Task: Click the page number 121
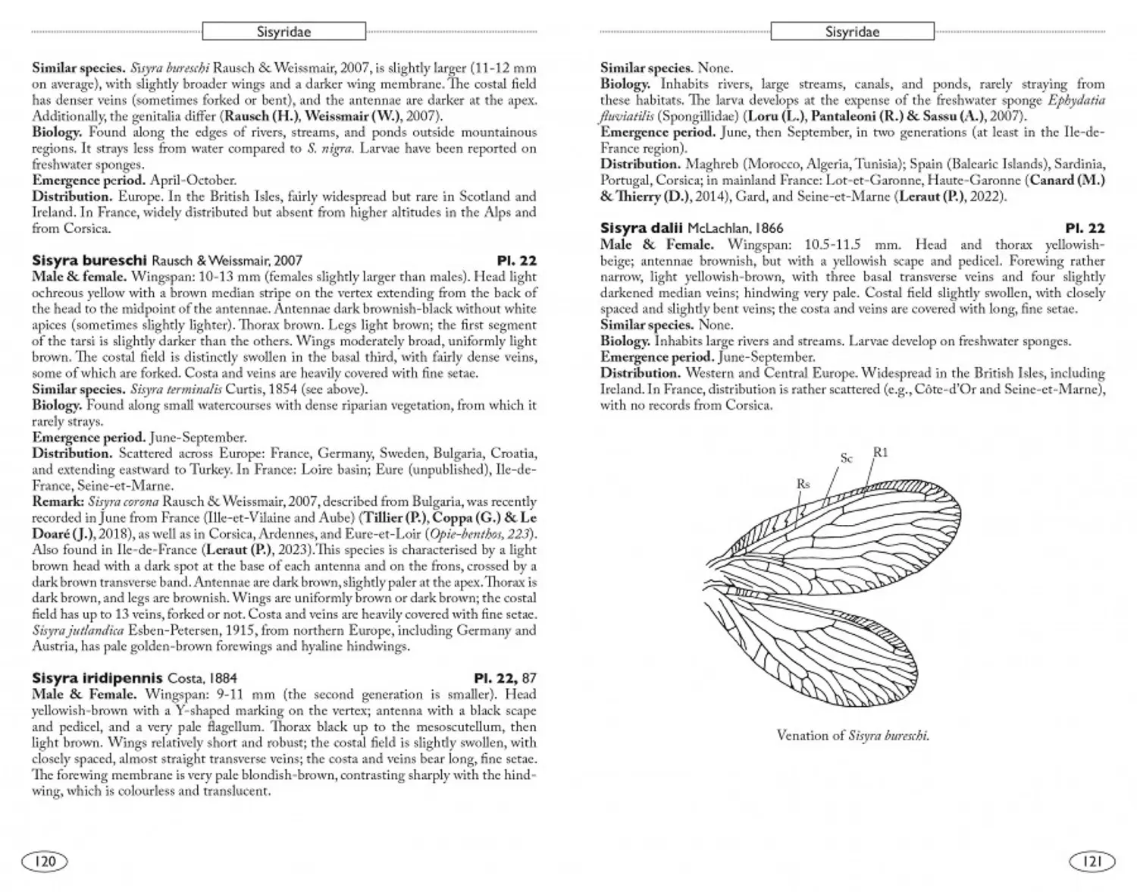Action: pos(1092,861)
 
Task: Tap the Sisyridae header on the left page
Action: pos(283,32)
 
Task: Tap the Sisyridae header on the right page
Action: pos(852,32)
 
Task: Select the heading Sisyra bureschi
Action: pos(89,261)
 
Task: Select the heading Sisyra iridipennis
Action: pos(97,678)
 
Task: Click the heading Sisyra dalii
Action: pos(641,228)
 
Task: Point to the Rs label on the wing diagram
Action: pos(803,484)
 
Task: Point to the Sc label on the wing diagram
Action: pos(847,458)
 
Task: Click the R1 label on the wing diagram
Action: pos(880,453)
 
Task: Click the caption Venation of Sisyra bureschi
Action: pos(853,735)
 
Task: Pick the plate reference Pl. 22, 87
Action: pos(505,678)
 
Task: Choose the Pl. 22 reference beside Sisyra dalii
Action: pos(1085,228)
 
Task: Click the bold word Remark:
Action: pos(58,502)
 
